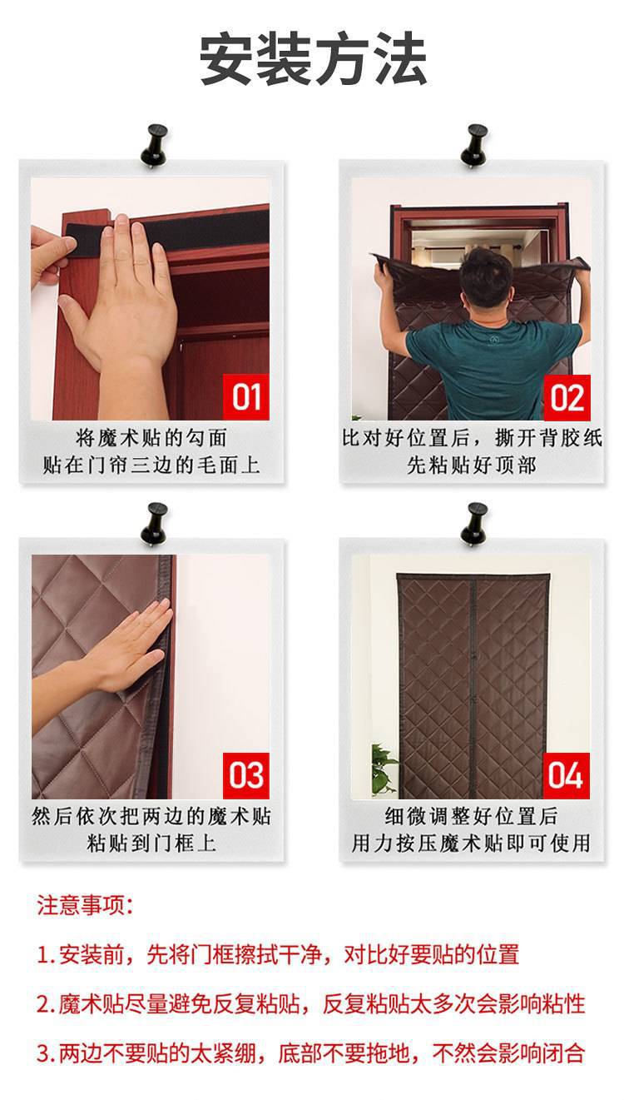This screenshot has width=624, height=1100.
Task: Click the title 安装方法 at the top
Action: (313, 60)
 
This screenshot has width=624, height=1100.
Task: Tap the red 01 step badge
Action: (245, 397)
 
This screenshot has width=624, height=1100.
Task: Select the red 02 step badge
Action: (566, 397)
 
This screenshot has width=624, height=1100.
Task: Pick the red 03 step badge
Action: (245, 774)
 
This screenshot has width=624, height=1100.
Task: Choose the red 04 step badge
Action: (566, 774)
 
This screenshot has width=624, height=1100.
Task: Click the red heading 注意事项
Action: (84, 906)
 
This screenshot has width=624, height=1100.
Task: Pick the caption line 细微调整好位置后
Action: (471, 816)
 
